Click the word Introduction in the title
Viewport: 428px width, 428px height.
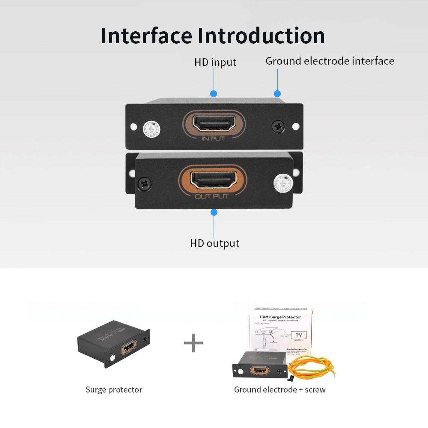261,36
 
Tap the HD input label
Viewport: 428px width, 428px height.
215,62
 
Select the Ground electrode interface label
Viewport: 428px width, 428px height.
330,61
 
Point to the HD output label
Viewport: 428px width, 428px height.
214,243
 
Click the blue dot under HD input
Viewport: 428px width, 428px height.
214,94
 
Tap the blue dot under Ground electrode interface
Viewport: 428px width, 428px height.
277,94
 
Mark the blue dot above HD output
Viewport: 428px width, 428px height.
214,212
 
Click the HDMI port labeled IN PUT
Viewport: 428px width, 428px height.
214,123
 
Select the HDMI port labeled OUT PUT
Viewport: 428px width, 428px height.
213,180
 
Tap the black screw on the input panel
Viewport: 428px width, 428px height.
278,126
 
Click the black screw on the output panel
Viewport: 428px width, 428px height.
144,184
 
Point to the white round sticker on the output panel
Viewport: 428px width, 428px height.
282,182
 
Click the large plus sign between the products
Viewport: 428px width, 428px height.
193,343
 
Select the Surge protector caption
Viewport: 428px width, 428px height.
114,389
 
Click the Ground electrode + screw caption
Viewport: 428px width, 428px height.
279,389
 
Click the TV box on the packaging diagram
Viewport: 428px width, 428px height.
298,336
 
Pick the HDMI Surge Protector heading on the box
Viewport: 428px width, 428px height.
280,317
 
